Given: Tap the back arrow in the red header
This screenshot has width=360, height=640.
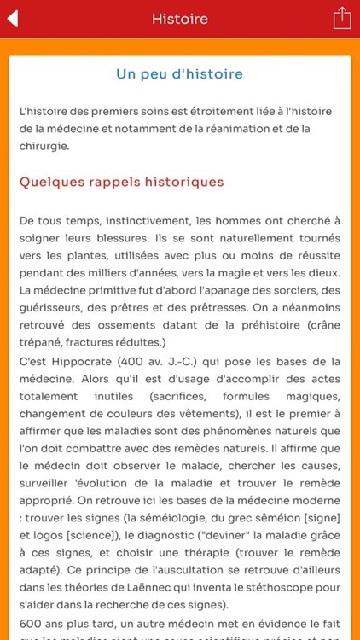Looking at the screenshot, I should pos(14,19).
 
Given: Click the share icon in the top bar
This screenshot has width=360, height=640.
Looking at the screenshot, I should pos(341,18).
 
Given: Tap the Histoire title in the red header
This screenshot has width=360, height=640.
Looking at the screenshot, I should pos(179,19).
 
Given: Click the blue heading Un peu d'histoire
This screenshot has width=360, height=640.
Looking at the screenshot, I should pos(179,74).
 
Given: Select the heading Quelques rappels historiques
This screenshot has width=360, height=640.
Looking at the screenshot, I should pos(121,182).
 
